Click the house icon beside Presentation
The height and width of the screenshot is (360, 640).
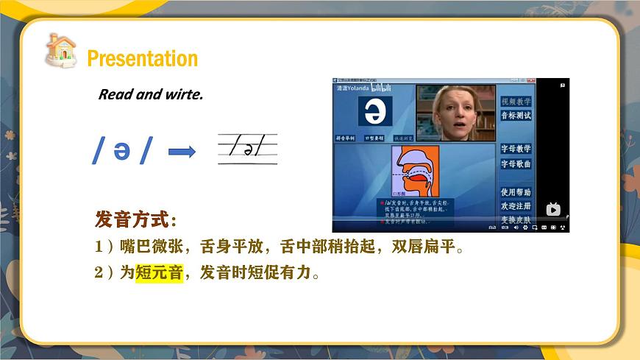click(x=61, y=51)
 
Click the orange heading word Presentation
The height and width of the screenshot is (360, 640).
click(x=142, y=58)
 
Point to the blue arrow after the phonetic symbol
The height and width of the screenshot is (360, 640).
click(x=182, y=152)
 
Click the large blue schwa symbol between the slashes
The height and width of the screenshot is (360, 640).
click(x=121, y=150)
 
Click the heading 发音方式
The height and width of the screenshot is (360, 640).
click(x=135, y=219)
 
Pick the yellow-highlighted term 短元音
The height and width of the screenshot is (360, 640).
click(x=159, y=274)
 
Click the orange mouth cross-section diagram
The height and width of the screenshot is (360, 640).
click(x=415, y=172)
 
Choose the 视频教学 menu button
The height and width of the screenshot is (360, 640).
click(x=516, y=102)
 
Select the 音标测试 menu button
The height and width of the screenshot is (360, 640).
click(x=516, y=116)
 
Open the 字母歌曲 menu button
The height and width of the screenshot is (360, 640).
click(x=516, y=163)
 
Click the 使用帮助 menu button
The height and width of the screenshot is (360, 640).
click(x=516, y=192)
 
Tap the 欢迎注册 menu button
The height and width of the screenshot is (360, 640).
click(x=516, y=206)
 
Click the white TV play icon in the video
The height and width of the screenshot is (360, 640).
click(x=553, y=209)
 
